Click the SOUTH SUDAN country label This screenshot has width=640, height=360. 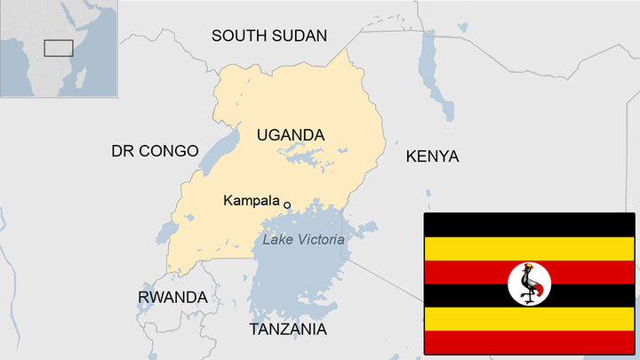point(268,36)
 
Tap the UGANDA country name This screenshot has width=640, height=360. point(291,135)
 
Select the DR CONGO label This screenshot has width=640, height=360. point(155,151)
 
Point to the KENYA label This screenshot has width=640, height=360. point(432,156)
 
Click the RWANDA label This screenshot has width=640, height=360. point(172,297)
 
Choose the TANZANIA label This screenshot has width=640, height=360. point(287,330)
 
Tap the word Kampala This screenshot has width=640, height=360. point(252,202)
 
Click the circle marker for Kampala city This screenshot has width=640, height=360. point(287,204)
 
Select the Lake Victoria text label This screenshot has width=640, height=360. point(303,238)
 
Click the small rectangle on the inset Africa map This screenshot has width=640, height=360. point(59,48)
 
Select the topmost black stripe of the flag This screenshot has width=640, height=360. point(530,224)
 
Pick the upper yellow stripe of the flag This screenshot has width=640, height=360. point(530,248)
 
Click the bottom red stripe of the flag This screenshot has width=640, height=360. point(530,343)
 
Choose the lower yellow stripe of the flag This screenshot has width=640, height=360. point(530,319)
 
